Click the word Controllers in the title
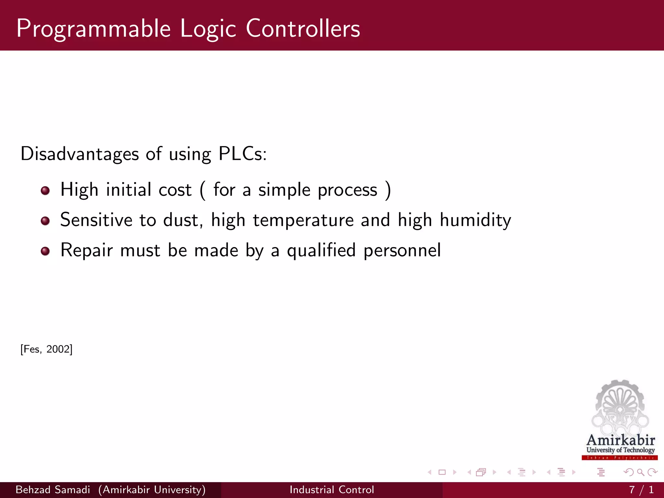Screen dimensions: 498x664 click(303, 29)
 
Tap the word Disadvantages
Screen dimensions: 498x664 click(80, 154)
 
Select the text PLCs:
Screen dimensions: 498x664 click(242, 154)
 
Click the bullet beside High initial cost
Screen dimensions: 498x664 click(45, 191)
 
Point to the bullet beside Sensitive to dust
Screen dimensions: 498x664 click(45, 221)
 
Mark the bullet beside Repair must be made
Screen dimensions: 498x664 click(45, 251)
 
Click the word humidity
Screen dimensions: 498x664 click(475, 220)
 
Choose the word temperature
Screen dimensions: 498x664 click(303, 220)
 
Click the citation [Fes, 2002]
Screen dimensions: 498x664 click(46, 349)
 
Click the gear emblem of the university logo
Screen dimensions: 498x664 click(620, 405)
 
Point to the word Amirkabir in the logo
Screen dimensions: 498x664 click(620, 440)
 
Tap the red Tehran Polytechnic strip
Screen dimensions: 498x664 click(620, 458)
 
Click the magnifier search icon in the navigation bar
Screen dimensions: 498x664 click(640, 472)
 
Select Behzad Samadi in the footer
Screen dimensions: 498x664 click(53, 490)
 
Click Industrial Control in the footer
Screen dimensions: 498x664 click(332, 490)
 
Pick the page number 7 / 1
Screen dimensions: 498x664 click(641, 490)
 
